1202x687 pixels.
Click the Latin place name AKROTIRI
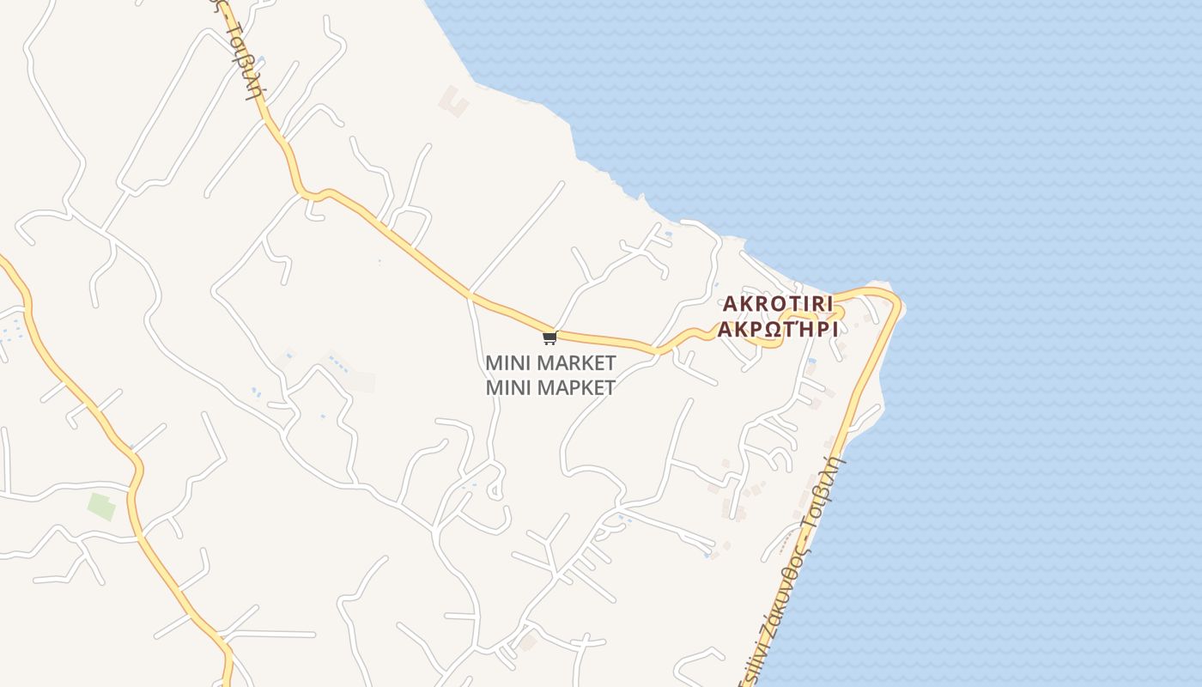pyautogui.click(x=778, y=304)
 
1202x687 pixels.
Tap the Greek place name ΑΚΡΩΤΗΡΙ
pyautogui.click(x=778, y=330)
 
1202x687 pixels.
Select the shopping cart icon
pyautogui.click(x=549, y=337)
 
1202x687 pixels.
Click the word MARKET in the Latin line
pyautogui.click(x=576, y=362)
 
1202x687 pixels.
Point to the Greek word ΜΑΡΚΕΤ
pyautogui.click(x=576, y=387)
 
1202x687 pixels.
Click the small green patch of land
pyautogui.click(x=101, y=506)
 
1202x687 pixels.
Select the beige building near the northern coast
pyautogui.click(x=454, y=102)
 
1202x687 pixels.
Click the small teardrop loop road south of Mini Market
pyautogui.click(x=495, y=490)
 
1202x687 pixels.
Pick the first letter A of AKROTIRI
pyautogui.click(x=730, y=304)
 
